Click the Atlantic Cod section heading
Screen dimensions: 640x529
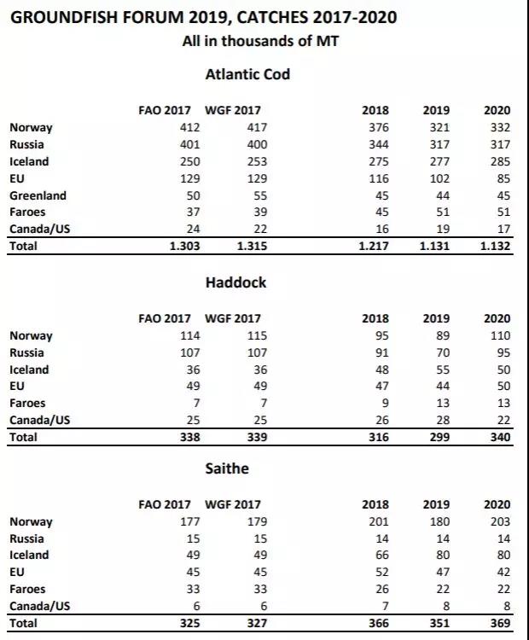click(x=247, y=74)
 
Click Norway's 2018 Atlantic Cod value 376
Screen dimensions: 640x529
click(x=378, y=128)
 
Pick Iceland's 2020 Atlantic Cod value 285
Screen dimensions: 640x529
click(x=499, y=161)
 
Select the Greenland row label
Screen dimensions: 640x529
click(x=38, y=195)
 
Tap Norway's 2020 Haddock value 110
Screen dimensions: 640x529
click(x=499, y=336)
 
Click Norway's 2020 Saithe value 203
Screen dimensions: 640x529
click(x=499, y=522)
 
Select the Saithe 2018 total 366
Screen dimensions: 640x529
click(x=378, y=624)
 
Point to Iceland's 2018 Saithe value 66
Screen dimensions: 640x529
click(x=381, y=556)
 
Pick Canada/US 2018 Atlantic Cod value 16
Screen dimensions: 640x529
click(x=381, y=230)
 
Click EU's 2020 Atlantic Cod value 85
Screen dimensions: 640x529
click(x=503, y=178)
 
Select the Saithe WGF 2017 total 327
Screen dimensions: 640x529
click(x=256, y=624)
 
